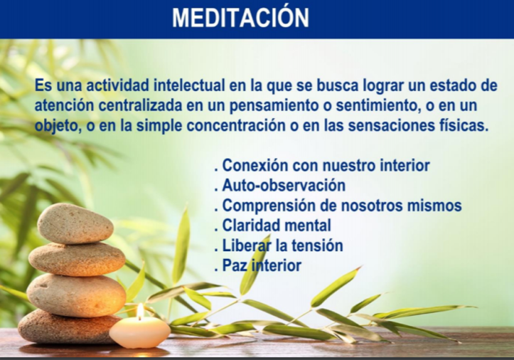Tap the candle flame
139,312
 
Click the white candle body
139,333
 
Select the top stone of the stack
75,223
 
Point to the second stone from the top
77,258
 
